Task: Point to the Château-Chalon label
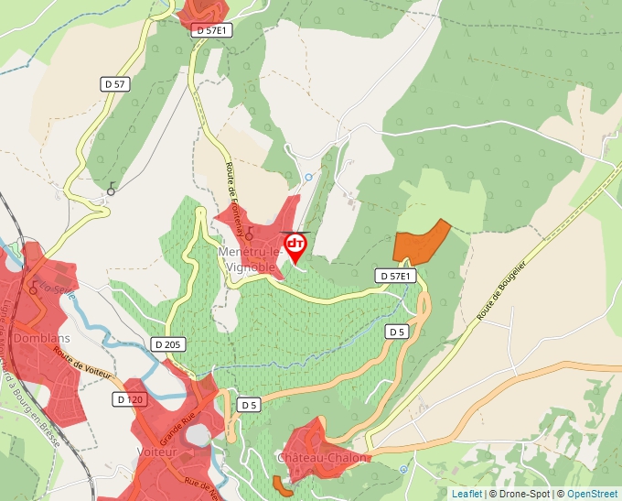click(x=323, y=457)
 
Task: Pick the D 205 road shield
click(x=168, y=344)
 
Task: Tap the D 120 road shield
click(x=131, y=399)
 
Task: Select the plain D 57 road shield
click(x=115, y=83)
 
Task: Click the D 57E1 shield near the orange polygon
click(x=396, y=276)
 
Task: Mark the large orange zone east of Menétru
click(x=420, y=243)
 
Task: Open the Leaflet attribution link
click(x=466, y=494)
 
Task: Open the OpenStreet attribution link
click(x=592, y=494)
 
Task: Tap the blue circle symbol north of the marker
click(x=308, y=177)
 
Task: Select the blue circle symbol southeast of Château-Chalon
click(x=403, y=469)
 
